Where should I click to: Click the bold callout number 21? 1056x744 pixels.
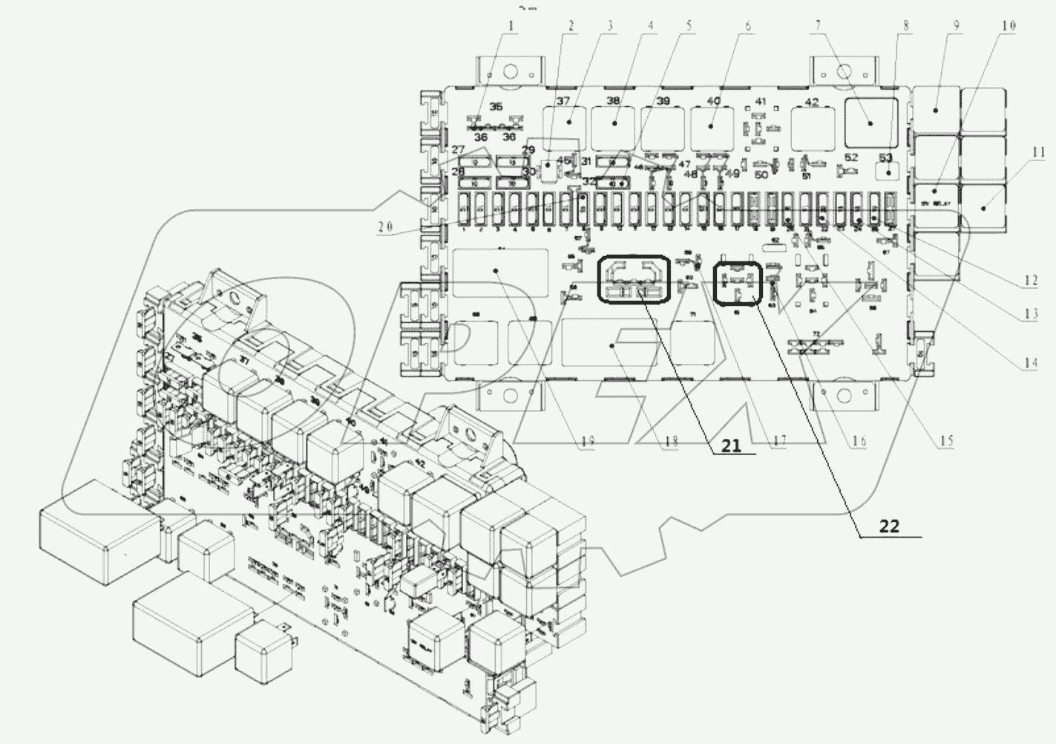(731, 446)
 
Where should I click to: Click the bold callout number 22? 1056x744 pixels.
(889, 526)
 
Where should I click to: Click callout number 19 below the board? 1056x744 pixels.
(587, 443)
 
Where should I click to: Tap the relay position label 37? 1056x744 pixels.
(563, 102)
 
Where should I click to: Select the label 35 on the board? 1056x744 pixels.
(496, 106)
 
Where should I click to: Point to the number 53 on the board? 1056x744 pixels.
(885, 157)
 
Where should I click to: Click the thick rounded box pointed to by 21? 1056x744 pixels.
(634, 278)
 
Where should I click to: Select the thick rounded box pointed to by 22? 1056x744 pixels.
(737, 284)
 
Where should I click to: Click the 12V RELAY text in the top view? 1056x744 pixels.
(935, 202)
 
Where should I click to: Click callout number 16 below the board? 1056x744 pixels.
(859, 441)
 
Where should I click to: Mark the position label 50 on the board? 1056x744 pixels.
(761, 174)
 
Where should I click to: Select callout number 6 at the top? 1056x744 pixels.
(747, 26)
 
